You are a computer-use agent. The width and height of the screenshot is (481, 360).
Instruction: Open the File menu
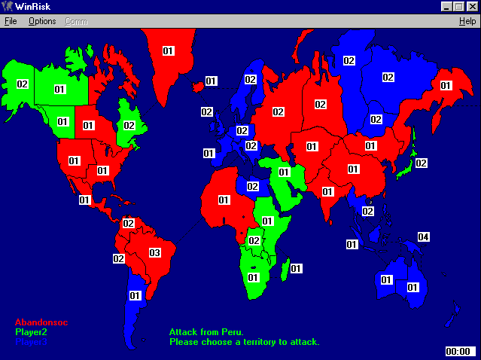11,21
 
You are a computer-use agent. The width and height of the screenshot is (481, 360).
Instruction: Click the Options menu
42,21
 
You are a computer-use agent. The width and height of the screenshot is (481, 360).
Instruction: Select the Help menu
467,21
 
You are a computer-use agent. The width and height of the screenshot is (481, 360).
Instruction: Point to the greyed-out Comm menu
76,21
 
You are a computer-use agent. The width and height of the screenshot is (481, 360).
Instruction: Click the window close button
472,6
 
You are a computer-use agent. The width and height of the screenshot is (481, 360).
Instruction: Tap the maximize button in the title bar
459,6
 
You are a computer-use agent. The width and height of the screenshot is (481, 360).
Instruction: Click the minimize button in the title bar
447,6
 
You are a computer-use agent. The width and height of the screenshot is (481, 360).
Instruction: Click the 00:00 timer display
458,351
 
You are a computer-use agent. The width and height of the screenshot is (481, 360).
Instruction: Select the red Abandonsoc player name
41,322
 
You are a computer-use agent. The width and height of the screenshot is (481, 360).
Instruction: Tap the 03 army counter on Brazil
155,252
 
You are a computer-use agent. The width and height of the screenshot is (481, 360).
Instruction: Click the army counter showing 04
424,238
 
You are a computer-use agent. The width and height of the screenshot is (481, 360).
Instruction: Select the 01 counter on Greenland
168,51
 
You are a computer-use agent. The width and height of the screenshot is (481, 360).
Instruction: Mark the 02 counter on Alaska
23,84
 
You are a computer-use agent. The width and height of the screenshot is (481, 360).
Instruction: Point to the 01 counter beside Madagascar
296,268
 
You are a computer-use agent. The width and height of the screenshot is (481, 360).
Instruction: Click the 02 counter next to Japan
421,163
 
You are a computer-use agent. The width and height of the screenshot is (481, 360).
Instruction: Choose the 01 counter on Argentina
135,296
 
